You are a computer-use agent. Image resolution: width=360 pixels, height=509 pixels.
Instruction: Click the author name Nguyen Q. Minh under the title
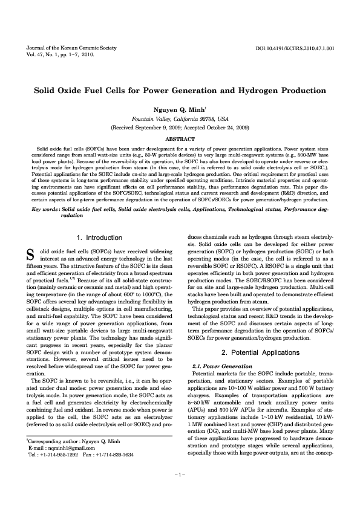(x=179, y=110)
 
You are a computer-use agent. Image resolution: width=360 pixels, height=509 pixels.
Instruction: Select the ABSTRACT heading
(x=180, y=138)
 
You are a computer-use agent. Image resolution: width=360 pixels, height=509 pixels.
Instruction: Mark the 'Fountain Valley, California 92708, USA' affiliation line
(x=180, y=120)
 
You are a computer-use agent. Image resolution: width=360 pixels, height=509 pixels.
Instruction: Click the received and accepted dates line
(x=180, y=128)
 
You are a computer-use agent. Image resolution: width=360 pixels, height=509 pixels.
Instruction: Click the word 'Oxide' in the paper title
(x=78, y=88)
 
